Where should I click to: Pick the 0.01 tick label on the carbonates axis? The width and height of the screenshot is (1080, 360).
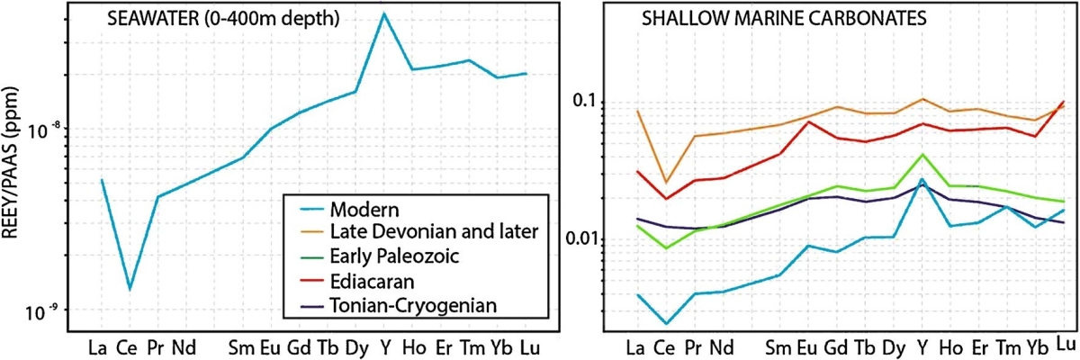pos(583,238)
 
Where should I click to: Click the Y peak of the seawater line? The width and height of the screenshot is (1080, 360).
pos(384,14)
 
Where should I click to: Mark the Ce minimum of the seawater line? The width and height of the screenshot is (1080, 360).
pos(130,289)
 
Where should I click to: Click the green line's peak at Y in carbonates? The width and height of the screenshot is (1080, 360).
pos(922,155)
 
